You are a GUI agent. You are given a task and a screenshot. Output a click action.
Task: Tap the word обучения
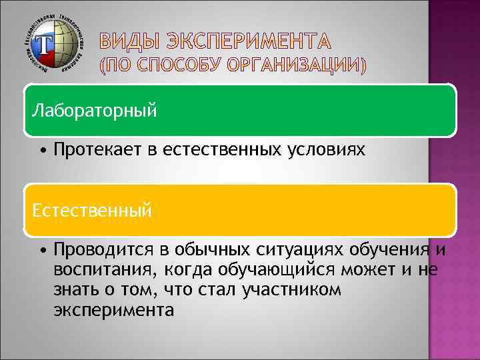pyautogui.click(x=389, y=250)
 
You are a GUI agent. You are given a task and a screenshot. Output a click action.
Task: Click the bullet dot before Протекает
pyautogui.click(x=42, y=151)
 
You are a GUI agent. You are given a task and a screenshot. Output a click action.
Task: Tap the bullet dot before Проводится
pyautogui.click(x=42, y=251)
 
